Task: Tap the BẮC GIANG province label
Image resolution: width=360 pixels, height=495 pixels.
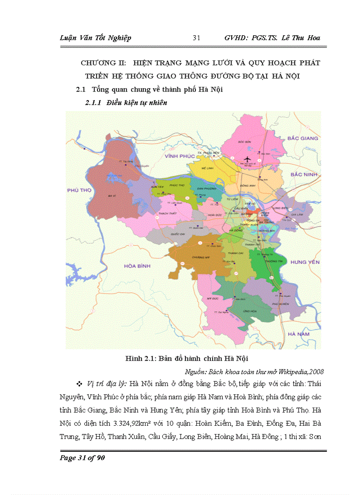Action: click(x=302, y=138)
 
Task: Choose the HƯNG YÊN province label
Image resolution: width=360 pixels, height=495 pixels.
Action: click(x=304, y=262)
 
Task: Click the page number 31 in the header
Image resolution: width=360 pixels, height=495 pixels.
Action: click(x=197, y=38)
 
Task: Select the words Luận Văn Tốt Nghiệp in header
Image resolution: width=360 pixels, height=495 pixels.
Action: click(x=95, y=38)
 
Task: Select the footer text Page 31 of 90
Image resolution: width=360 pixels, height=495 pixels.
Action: click(x=82, y=457)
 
